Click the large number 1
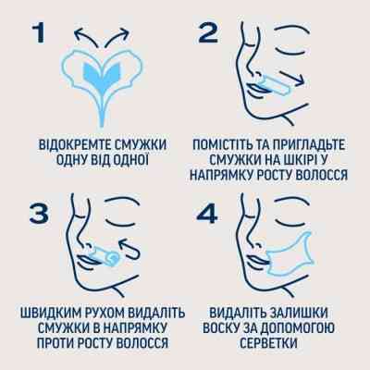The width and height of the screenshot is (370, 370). pyautogui.click(x=38, y=33)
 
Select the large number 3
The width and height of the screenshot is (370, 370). pyautogui.click(x=38, y=215)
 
